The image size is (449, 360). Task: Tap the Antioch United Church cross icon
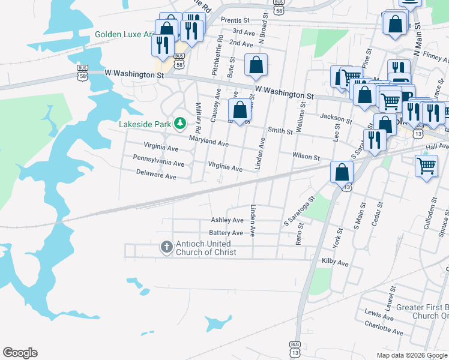click(167, 247)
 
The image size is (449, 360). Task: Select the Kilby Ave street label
click(335, 263)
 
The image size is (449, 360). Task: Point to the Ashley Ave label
click(227, 221)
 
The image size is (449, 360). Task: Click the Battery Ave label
click(226, 233)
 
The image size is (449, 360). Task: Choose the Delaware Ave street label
click(155, 177)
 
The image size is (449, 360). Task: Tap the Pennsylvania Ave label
click(158, 163)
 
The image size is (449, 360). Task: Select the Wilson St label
click(306, 156)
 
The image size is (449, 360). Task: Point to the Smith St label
click(280, 130)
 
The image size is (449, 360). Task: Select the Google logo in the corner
click(20, 353)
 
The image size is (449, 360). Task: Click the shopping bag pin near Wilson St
click(342, 172)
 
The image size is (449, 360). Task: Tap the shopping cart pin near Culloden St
click(426, 166)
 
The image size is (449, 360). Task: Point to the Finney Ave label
click(436, 57)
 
